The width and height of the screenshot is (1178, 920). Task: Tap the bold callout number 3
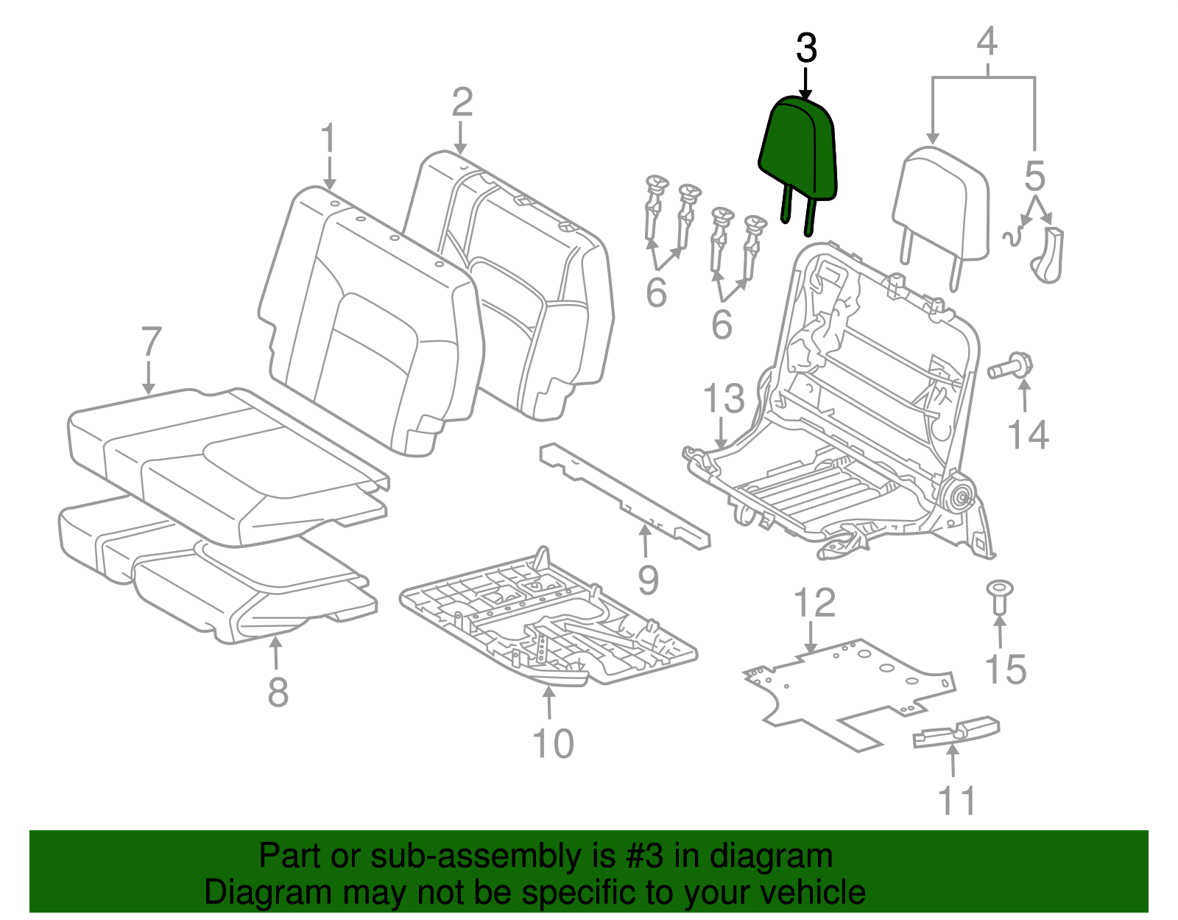pos(807,49)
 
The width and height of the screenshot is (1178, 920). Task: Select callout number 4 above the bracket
pos(987,41)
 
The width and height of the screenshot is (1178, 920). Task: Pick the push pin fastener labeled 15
pos(999,597)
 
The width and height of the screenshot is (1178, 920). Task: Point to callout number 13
pos(724,398)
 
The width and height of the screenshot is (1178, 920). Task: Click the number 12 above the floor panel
pos(814,603)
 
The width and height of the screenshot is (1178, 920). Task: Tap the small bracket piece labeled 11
pos(956,731)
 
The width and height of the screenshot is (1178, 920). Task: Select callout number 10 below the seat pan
pos(553,743)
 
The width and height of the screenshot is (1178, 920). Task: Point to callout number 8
pos(278,692)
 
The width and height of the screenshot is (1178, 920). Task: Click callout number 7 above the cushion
pos(150,342)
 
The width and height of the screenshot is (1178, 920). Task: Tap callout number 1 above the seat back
pos(328,140)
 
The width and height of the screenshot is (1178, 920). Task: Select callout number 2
pos(462,103)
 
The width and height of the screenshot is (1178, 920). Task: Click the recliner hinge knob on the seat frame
pos(959,496)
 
